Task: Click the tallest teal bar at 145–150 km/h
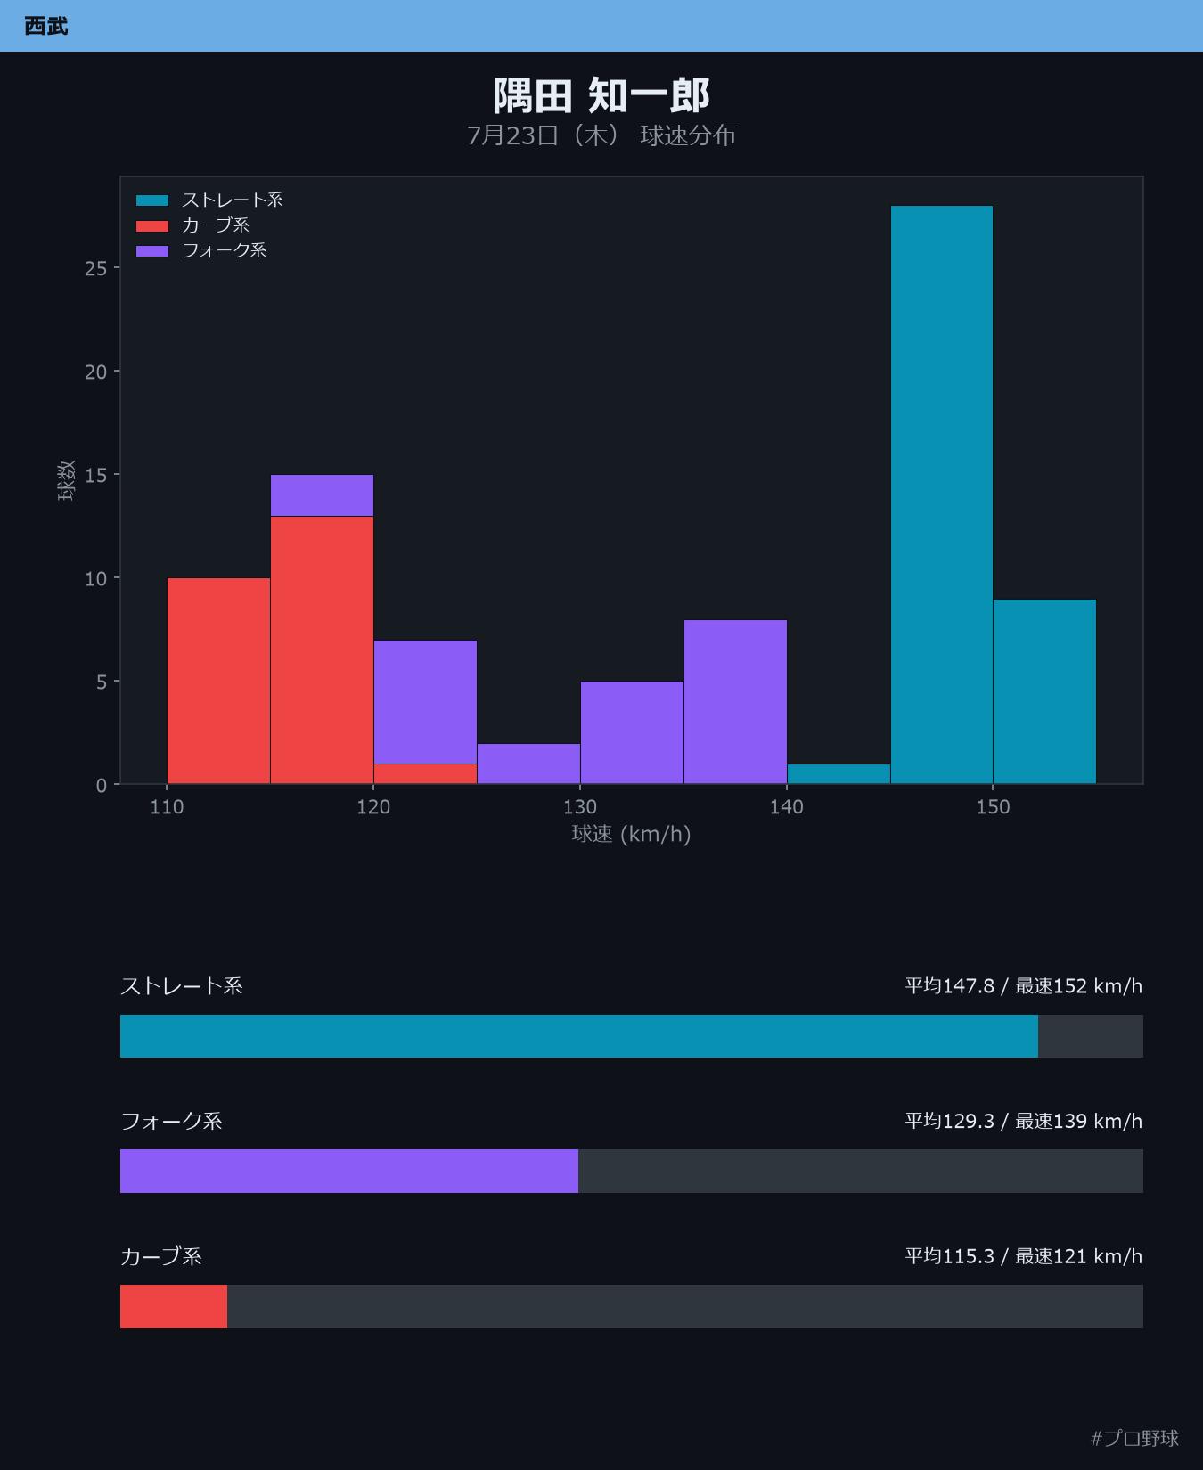tap(941, 494)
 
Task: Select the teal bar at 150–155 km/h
tap(1044, 691)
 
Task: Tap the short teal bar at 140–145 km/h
tap(839, 774)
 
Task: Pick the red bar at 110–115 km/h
tap(218, 681)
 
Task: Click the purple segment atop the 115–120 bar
tap(322, 495)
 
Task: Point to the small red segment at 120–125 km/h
tap(425, 774)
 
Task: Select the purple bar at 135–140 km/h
tap(735, 702)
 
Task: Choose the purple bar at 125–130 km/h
tap(528, 764)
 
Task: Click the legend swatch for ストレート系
tap(152, 200)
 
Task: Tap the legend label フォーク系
tap(225, 250)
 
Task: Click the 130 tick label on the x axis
tap(580, 807)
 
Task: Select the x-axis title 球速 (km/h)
tap(631, 834)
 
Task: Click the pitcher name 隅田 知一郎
tap(601, 95)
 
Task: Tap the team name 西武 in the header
tap(46, 26)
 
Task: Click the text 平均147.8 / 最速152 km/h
tap(1024, 985)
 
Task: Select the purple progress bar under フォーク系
tap(349, 1171)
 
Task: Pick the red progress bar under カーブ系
tap(174, 1306)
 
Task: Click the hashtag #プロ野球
tap(1134, 1438)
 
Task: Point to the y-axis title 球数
tap(66, 480)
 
